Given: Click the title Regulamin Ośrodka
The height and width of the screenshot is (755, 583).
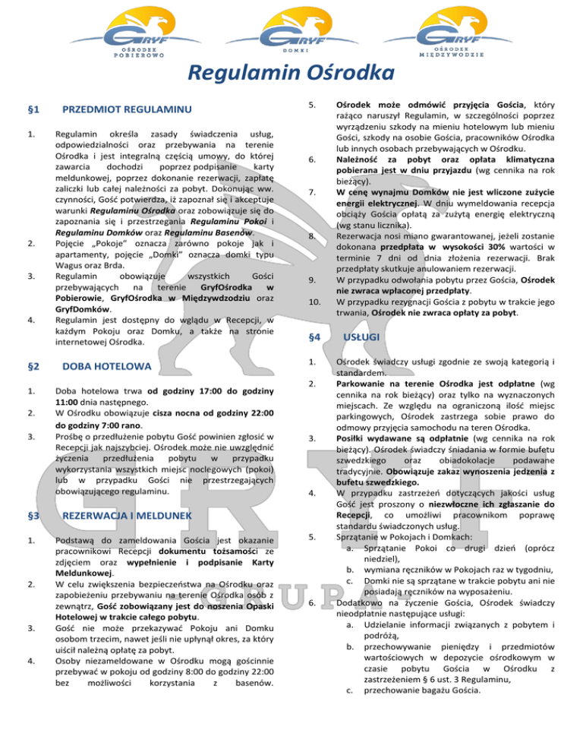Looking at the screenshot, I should (291, 74).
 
